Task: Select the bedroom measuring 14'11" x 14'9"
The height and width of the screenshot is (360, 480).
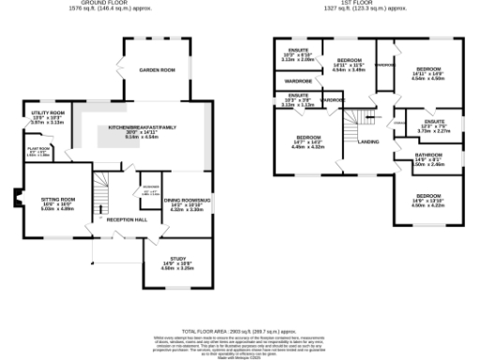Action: (x=429, y=69)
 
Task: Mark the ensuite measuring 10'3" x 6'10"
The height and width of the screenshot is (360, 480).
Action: (x=298, y=50)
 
